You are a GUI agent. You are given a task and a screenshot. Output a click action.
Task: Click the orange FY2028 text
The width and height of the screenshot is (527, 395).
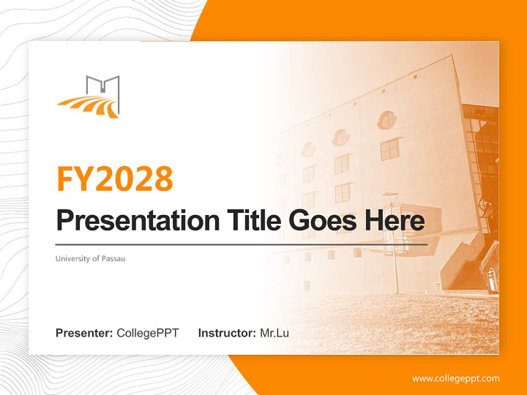[x=115, y=179]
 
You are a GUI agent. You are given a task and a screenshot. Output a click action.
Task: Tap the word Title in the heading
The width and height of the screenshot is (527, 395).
[x=245, y=221]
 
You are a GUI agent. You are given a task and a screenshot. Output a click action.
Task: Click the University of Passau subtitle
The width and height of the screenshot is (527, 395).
[x=90, y=258]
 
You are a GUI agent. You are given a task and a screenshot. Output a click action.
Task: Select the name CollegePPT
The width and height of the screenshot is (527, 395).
[x=148, y=333]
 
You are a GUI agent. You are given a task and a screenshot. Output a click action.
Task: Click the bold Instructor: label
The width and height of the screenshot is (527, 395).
[x=227, y=333]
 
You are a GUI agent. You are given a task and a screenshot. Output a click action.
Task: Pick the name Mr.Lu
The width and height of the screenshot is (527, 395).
[x=274, y=333]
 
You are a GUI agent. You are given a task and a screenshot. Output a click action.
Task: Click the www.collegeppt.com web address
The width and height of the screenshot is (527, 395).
[x=456, y=379]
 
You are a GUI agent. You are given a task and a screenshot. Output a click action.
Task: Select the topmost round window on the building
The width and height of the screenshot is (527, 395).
[x=388, y=120]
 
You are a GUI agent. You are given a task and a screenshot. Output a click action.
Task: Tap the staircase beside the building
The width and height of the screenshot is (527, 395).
[x=467, y=269]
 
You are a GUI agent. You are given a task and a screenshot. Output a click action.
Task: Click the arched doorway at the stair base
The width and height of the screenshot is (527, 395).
[x=490, y=280]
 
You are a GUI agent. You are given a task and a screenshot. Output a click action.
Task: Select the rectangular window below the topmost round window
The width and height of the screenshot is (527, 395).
[x=389, y=149]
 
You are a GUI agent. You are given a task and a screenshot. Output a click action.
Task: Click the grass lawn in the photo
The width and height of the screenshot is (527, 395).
[x=384, y=324]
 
